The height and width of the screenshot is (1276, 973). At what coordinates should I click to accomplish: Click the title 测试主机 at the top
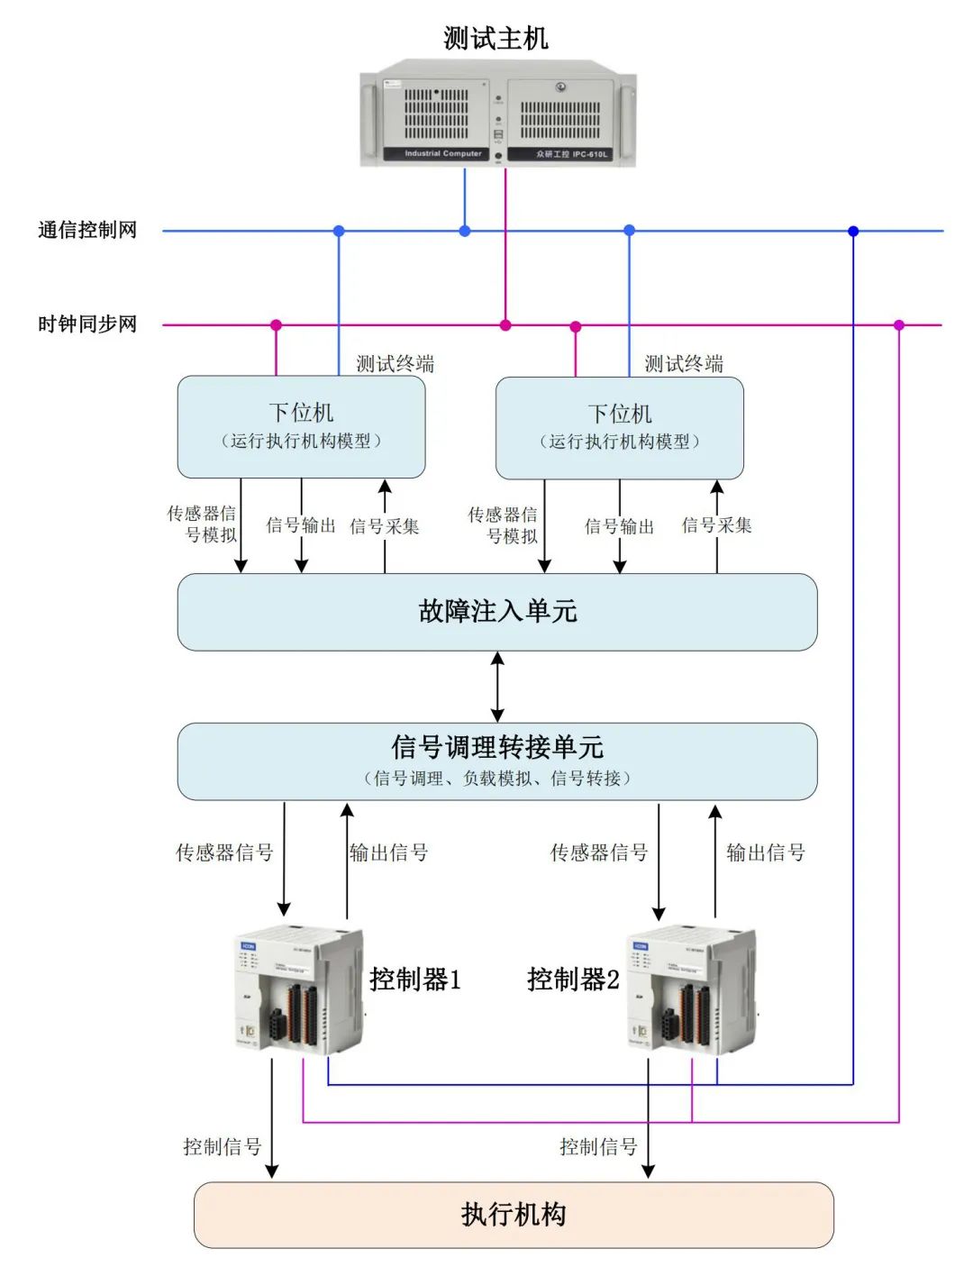click(x=496, y=39)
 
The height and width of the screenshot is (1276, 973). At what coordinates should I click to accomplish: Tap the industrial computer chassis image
click(x=498, y=114)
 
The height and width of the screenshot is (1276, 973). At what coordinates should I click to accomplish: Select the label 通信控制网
click(x=87, y=231)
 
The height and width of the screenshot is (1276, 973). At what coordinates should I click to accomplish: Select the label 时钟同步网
click(x=87, y=324)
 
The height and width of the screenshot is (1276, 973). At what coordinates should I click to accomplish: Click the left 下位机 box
click(x=301, y=426)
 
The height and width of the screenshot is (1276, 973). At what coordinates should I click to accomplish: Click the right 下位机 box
click(x=620, y=427)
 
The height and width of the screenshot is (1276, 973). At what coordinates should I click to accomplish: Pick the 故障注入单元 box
click(x=497, y=612)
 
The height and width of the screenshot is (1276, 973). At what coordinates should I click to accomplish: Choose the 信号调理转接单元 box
click(x=497, y=761)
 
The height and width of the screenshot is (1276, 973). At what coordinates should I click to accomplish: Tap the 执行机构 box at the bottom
click(x=514, y=1215)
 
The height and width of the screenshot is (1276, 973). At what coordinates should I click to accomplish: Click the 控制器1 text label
click(x=415, y=980)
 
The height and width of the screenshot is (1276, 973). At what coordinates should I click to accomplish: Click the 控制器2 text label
click(x=573, y=980)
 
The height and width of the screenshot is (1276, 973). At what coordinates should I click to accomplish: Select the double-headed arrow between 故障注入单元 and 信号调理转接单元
click(x=497, y=687)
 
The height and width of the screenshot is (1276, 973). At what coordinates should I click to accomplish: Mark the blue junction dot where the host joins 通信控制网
click(x=465, y=232)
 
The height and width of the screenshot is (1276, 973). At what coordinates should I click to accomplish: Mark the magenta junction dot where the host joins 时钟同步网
click(x=505, y=325)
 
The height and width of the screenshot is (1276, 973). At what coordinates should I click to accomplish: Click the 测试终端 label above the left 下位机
click(x=395, y=364)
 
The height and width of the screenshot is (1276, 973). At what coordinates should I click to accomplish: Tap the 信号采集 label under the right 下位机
click(x=716, y=525)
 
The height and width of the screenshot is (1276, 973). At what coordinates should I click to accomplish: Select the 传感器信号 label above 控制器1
click(x=224, y=852)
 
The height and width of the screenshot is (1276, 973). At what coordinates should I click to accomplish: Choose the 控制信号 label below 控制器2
click(x=598, y=1147)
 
